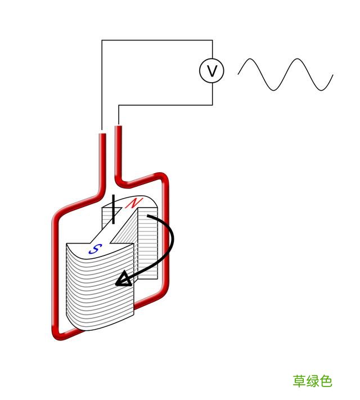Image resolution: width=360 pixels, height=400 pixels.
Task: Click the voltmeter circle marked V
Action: click(x=211, y=70)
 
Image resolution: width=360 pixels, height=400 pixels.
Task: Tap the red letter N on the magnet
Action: click(x=134, y=203)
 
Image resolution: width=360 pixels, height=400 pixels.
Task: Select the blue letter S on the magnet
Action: click(x=96, y=249)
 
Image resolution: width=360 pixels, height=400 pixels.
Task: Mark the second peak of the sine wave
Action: click(x=297, y=59)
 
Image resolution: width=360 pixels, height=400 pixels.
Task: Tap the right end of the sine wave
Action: click(x=332, y=75)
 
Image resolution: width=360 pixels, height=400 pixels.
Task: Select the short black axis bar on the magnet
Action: click(x=113, y=209)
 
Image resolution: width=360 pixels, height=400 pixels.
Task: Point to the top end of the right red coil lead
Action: click(x=118, y=126)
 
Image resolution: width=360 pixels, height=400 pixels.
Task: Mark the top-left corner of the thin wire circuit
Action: click(x=102, y=40)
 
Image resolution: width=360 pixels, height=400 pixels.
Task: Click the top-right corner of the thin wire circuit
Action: click(x=212, y=40)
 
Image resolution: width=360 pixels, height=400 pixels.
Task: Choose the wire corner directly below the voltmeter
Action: click(x=212, y=105)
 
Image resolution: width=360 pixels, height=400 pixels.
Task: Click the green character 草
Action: click(x=299, y=381)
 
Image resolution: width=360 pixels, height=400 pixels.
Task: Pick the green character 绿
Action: click(x=313, y=381)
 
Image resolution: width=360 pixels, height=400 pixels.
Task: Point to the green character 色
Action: click(x=326, y=381)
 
